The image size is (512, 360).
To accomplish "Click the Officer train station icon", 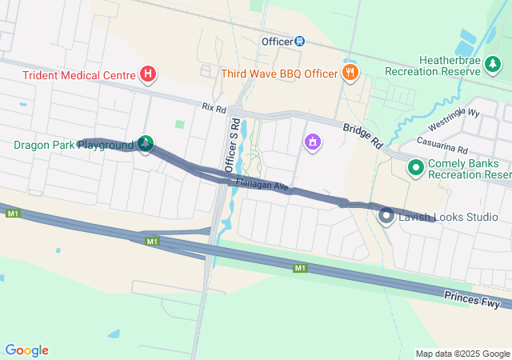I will click(299, 41).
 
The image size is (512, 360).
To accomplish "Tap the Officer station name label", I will click(277, 41).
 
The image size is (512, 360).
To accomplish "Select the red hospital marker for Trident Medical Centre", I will click(148, 74).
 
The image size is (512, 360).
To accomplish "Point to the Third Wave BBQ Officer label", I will click(280, 74).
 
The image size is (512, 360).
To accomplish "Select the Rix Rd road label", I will click(214, 106).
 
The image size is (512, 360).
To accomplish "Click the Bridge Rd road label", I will click(362, 135).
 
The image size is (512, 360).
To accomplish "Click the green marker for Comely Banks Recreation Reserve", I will click(415, 168).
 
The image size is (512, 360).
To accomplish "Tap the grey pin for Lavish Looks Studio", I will click(386, 215).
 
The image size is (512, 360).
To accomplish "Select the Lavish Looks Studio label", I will click(449, 217).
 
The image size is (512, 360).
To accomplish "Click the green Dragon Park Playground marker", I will click(145, 144).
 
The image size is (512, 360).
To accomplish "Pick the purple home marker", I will click(312, 142).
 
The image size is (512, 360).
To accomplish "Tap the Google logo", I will click(26, 350).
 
